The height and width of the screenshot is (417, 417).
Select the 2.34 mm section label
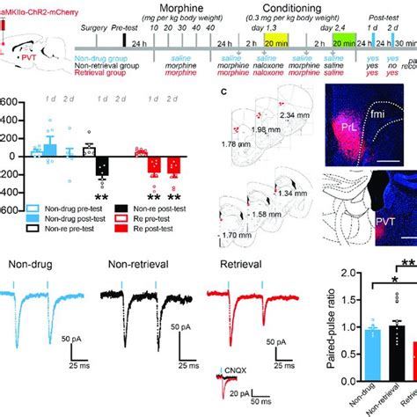293,115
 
